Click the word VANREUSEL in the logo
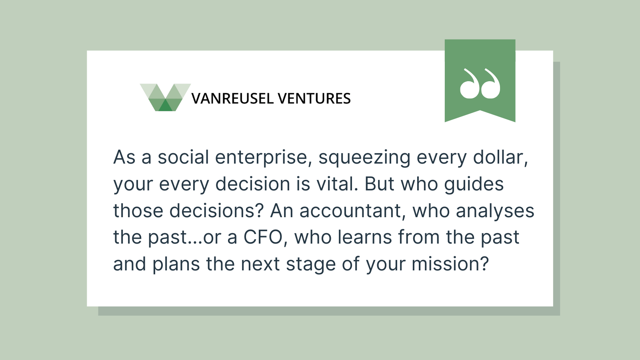click(x=232, y=98)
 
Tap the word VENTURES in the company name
click(x=314, y=98)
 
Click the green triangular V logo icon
click(x=166, y=98)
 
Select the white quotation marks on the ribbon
click(x=480, y=84)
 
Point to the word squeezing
click(x=364, y=158)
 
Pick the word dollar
click(x=500, y=158)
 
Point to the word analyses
click(x=495, y=211)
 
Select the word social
click(x=184, y=157)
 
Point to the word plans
click(x=176, y=264)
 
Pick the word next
click(x=260, y=264)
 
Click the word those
click(x=138, y=210)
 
